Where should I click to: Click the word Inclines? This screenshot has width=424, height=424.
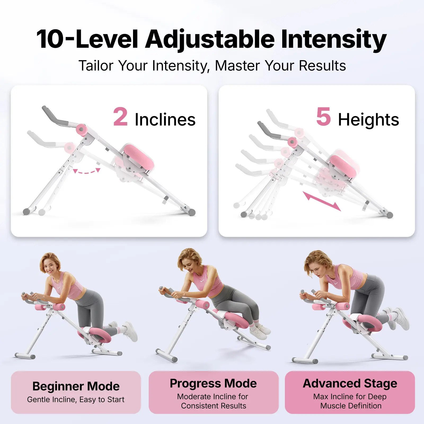(165, 120)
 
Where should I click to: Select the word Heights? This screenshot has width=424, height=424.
(369, 120)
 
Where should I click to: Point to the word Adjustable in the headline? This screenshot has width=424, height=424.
(210, 40)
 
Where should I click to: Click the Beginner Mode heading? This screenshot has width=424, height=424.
(76, 386)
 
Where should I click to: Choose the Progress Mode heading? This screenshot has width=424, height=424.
(213, 383)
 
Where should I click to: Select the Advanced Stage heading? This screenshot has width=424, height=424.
(350, 383)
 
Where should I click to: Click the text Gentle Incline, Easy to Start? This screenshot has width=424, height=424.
(76, 399)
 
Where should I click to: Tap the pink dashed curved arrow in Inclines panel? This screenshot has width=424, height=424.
(87, 171)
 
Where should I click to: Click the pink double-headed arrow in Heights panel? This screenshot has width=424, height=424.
(322, 201)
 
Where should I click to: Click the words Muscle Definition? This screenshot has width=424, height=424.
(351, 406)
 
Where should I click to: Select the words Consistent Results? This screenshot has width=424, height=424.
(214, 406)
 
